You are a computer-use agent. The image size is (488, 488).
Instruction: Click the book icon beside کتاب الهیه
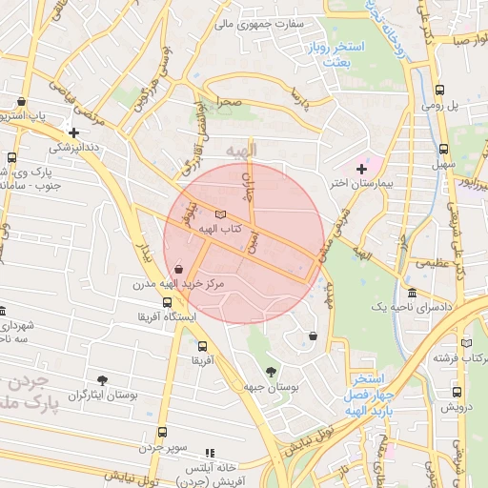pyautogui.click(x=221, y=215)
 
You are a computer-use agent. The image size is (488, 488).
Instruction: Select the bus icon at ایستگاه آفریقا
pyautogui.click(x=168, y=303)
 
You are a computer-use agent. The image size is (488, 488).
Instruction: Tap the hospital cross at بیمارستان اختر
pyautogui.click(x=360, y=168)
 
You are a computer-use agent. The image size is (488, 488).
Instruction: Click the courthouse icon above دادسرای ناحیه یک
pyautogui.click(x=412, y=293)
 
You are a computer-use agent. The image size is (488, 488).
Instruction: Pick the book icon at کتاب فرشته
pyautogui.click(x=466, y=343)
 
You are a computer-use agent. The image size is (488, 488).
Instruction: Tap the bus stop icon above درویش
pyautogui.click(x=457, y=391)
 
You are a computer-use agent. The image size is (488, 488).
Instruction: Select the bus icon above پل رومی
pyautogui.click(x=438, y=91)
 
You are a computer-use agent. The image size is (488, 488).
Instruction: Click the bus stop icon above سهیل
pyautogui.click(x=443, y=150)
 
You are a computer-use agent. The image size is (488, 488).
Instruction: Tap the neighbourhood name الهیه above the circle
pyautogui.click(x=243, y=152)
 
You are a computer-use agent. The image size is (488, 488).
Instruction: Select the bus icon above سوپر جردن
pyautogui.click(x=161, y=432)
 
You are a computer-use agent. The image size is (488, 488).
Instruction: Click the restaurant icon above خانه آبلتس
pyautogui.click(x=210, y=453)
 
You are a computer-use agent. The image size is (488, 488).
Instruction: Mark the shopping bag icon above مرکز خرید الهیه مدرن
pyautogui.click(x=179, y=270)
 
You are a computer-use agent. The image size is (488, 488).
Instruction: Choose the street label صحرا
pyautogui.click(x=228, y=99)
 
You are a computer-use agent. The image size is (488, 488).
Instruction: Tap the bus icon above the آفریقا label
pyautogui.click(x=202, y=347)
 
